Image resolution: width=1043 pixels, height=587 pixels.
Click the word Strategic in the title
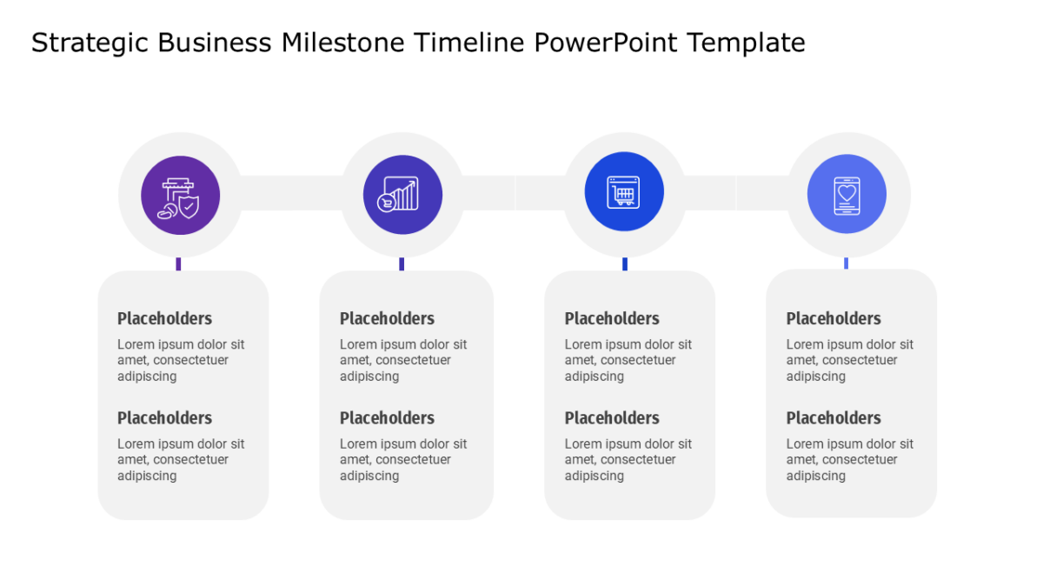(x=90, y=43)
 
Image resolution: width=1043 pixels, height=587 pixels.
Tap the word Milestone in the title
(x=343, y=43)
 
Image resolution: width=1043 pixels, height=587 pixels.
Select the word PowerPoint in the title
(x=605, y=43)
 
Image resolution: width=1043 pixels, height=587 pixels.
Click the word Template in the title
(x=746, y=43)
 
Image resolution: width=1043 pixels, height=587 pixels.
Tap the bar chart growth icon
(x=398, y=194)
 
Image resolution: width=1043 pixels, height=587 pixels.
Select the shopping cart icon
(x=623, y=191)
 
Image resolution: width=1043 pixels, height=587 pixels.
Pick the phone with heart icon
(x=847, y=196)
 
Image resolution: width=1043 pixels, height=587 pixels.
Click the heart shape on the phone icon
(x=847, y=193)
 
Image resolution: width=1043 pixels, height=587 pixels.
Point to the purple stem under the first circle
(x=178, y=263)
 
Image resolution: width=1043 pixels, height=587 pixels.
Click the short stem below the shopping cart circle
(x=625, y=263)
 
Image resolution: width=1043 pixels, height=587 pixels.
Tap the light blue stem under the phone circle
(x=846, y=263)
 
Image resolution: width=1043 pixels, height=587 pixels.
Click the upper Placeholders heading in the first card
(x=164, y=318)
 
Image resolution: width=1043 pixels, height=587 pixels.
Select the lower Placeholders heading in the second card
(x=387, y=418)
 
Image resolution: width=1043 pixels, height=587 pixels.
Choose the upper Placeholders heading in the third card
(x=612, y=318)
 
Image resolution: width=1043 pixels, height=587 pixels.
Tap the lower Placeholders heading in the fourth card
(x=834, y=418)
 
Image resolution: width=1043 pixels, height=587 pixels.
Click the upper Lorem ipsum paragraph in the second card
(x=403, y=360)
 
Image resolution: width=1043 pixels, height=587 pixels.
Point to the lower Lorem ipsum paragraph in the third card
(x=628, y=459)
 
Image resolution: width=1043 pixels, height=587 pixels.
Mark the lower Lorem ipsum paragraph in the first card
(x=181, y=459)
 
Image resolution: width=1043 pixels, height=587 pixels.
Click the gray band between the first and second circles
(x=291, y=193)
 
